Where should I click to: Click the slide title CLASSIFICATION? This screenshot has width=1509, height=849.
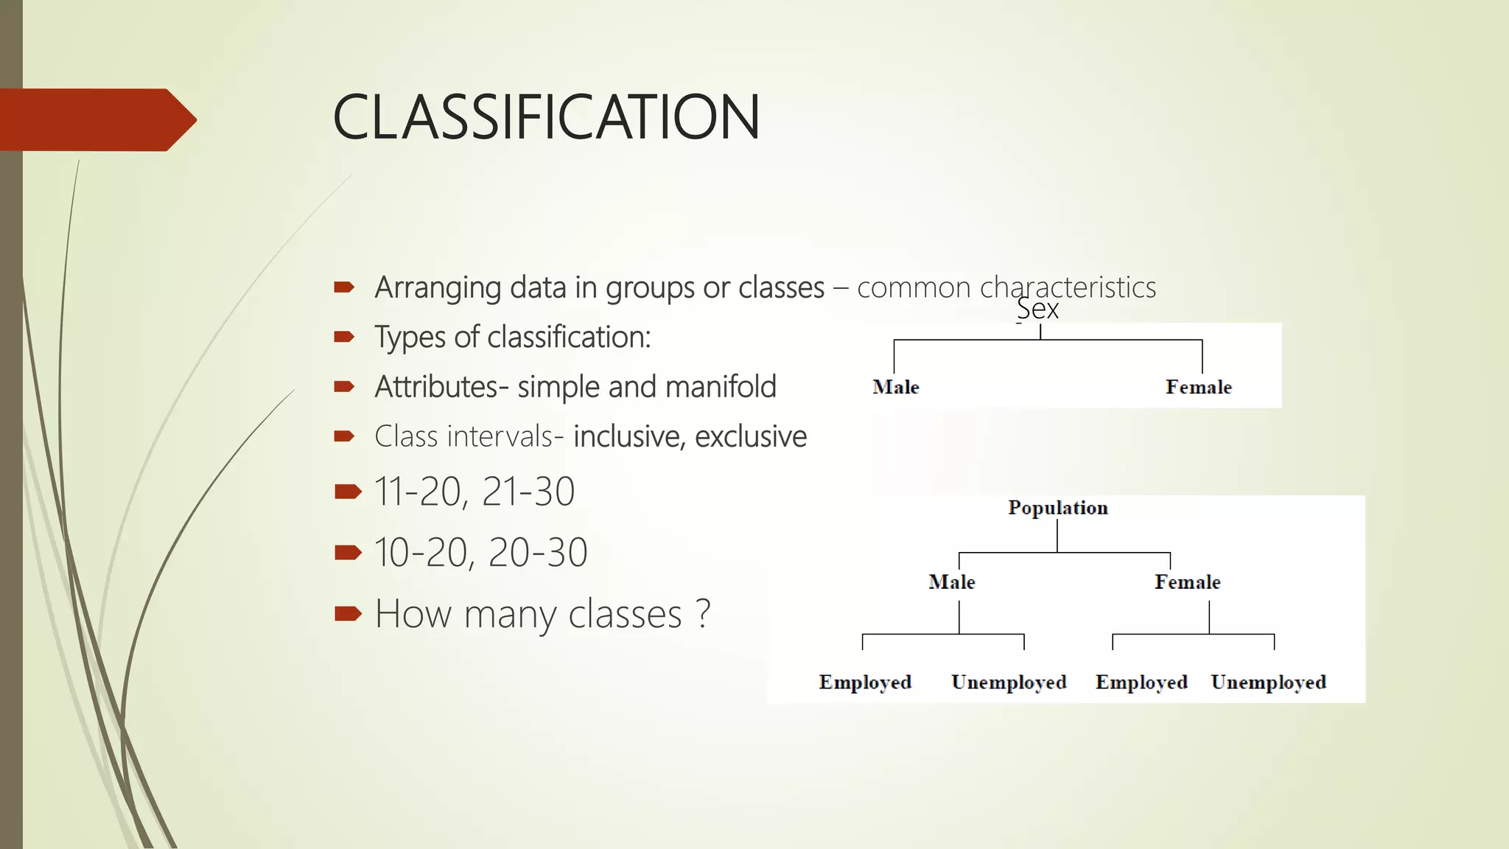(546, 117)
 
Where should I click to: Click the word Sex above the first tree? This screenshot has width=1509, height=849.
(1037, 309)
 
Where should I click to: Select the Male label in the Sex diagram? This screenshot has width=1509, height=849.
(895, 387)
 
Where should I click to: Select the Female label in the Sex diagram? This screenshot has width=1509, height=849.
(1198, 387)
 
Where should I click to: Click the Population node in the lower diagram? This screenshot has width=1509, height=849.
(1057, 508)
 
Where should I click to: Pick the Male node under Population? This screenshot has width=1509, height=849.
(951, 582)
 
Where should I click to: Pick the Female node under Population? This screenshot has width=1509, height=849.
(1187, 582)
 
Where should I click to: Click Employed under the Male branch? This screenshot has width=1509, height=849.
(865, 682)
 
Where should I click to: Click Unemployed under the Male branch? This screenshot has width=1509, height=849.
(1009, 682)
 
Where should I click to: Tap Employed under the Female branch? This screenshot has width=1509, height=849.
(1141, 682)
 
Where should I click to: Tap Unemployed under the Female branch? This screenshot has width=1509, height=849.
(1268, 682)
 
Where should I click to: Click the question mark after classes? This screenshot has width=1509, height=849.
(703, 613)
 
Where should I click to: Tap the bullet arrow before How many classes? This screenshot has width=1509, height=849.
(348, 613)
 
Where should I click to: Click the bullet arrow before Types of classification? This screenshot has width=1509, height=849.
(344, 337)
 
